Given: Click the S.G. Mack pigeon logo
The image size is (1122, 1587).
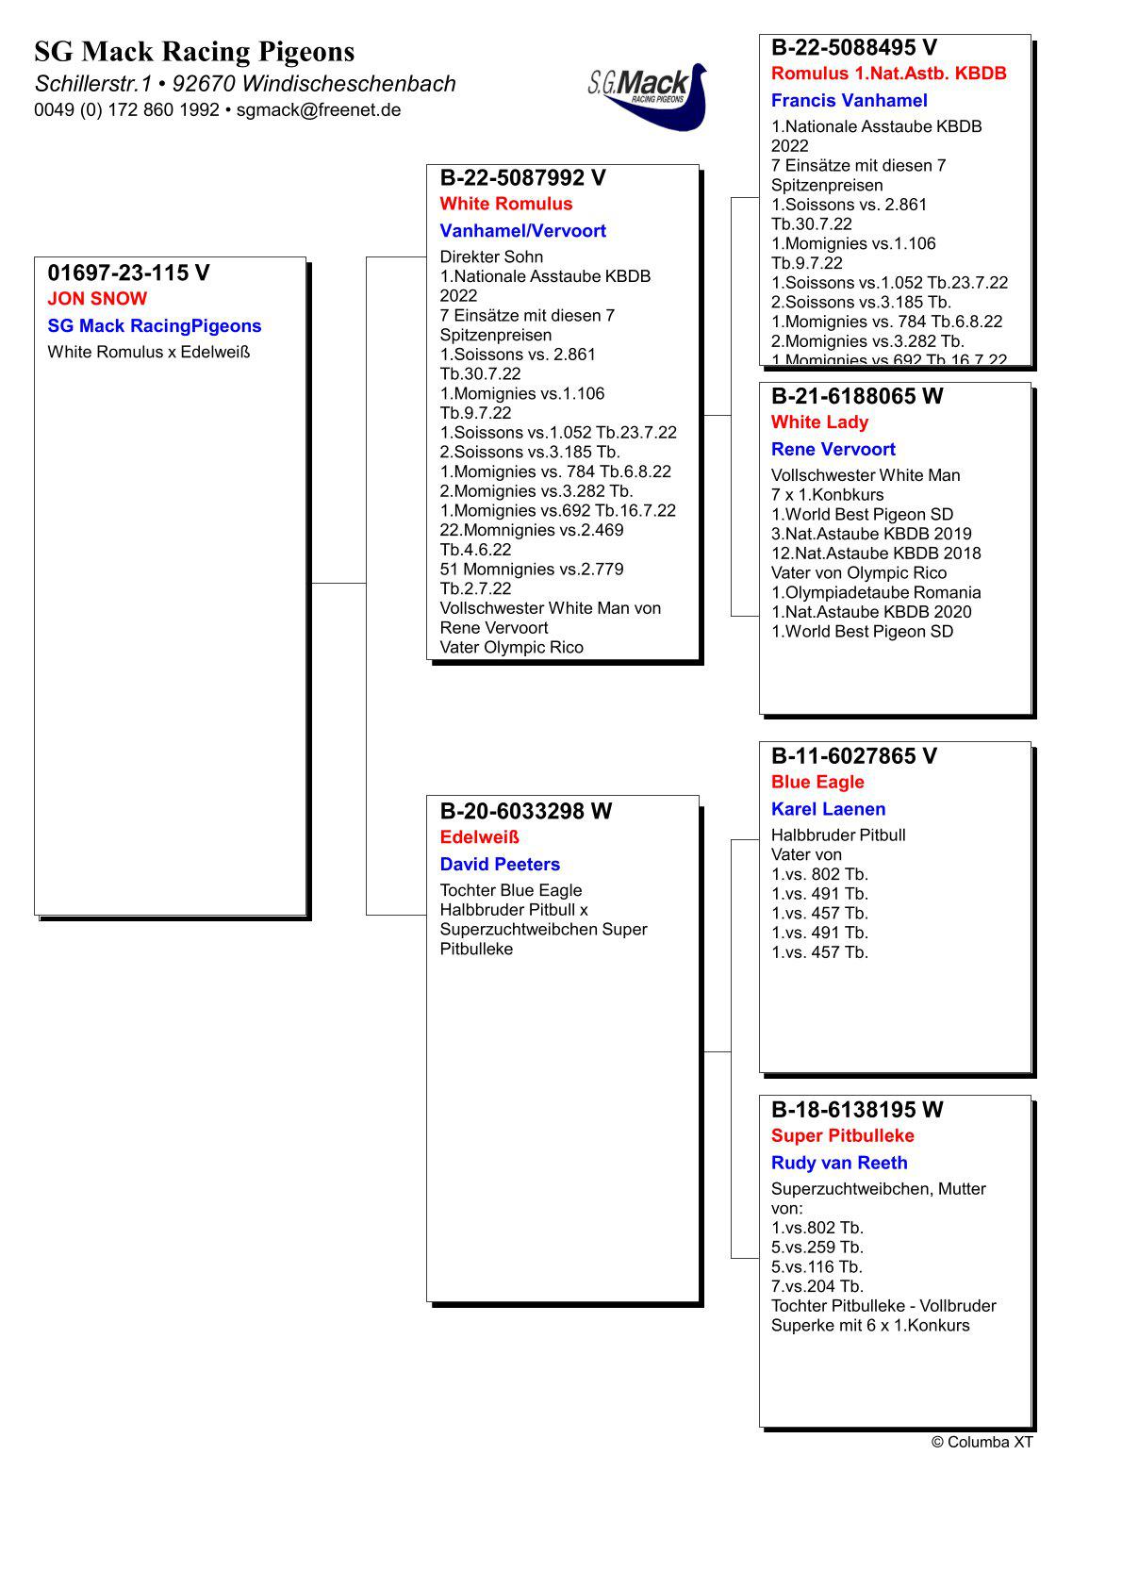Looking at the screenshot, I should pos(647,95).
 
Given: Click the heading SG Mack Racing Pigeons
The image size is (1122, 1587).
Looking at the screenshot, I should pos(194,51).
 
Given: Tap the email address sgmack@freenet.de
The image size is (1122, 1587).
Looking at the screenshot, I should pos(319,110).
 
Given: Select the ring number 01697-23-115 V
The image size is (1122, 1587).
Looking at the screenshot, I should pos(128,273).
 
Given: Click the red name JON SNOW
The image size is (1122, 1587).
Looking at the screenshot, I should pos(97,299).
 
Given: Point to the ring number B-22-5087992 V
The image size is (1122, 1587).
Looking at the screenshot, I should pos(522,178).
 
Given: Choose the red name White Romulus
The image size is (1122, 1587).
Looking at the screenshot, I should pos(505,204).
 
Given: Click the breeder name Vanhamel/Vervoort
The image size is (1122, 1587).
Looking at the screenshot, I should pos(522,231).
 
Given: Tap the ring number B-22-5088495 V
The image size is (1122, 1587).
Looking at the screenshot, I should pos(853,47).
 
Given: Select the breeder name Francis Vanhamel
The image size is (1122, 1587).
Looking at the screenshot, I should pos(849,101).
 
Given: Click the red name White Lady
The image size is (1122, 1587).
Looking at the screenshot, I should pos(819,422).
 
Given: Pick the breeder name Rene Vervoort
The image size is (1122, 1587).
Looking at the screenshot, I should pos(833,450).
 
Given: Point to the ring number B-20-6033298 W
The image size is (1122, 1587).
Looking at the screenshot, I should pos(525,811).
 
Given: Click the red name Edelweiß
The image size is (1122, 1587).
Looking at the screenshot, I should pos(479,837).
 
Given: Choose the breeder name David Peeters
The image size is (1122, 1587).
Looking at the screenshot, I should pos(500,865).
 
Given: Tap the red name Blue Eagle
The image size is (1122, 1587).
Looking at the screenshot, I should pos(817,782).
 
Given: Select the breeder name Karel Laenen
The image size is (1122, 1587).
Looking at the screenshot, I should pos(828,809).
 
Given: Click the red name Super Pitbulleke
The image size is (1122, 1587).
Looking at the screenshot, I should pos(842,1135).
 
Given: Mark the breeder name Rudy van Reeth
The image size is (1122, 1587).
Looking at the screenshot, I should pos(839,1163).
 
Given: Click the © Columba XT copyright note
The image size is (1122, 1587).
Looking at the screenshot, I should pos(982,1442).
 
